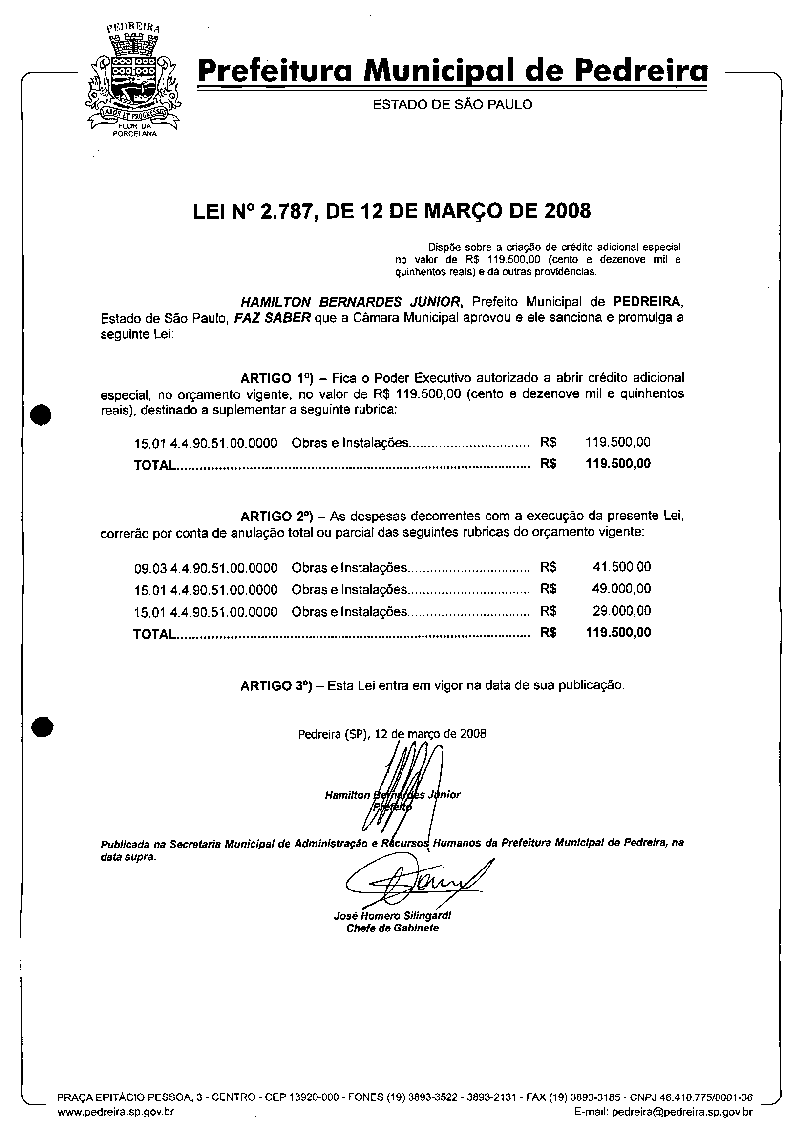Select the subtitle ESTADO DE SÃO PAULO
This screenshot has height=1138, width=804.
(x=452, y=104)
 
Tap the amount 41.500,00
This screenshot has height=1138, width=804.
(x=621, y=566)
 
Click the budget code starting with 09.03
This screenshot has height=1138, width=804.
(x=205, y=567)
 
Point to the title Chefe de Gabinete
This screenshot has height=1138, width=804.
(x=392, y=928)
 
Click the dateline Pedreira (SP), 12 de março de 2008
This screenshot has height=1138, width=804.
(x=392, y=734)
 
